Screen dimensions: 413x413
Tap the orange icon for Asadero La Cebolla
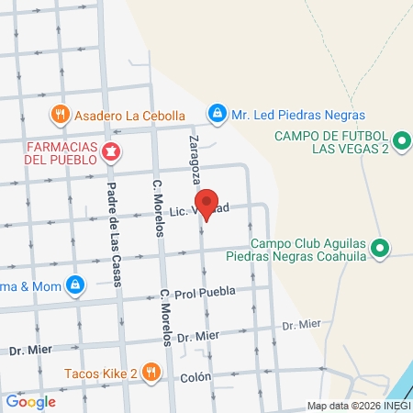[61, 114]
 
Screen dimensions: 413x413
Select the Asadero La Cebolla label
[129, 115]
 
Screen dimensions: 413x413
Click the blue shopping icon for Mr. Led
[217, 114]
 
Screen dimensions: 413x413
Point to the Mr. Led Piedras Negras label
[297, 115]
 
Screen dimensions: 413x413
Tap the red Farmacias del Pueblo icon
[110, 151]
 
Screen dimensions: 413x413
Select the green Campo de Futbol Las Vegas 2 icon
[401, 141]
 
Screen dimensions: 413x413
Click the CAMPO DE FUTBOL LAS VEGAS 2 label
[333, 143]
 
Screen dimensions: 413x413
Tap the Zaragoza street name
[196, 156]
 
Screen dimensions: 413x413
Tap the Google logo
[30, 401]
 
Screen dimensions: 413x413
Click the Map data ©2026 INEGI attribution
[359, 406]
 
